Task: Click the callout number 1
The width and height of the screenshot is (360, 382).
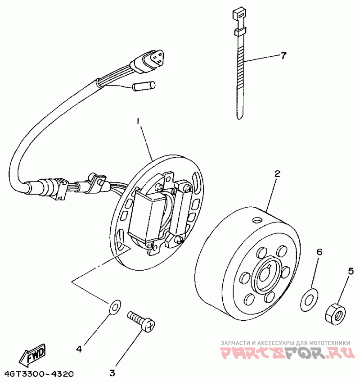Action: pyautogui.click(x=139, y=122)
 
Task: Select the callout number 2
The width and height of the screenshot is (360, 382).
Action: pyautogui.click(x=278, y=173)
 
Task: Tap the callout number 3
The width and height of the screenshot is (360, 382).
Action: pyautogui.click(x=112, y=373)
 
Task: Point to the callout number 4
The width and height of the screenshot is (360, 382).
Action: pyautogui.click(x=79, y=348)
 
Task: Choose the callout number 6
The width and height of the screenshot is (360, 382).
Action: pyautogui.click(x=319, y=252)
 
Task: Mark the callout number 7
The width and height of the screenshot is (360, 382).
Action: pyautogui.click(x=283, y=56)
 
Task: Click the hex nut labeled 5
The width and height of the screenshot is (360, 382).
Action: pyautogui.click(x=334, y=312)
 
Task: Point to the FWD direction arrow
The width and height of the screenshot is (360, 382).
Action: pyautogui.click(x=33, y=354)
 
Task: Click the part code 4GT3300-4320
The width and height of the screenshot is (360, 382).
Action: pyautogui.click(x=39, y=374)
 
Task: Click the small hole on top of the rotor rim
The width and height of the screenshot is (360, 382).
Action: pyautogui.click(x=257, y=220)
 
